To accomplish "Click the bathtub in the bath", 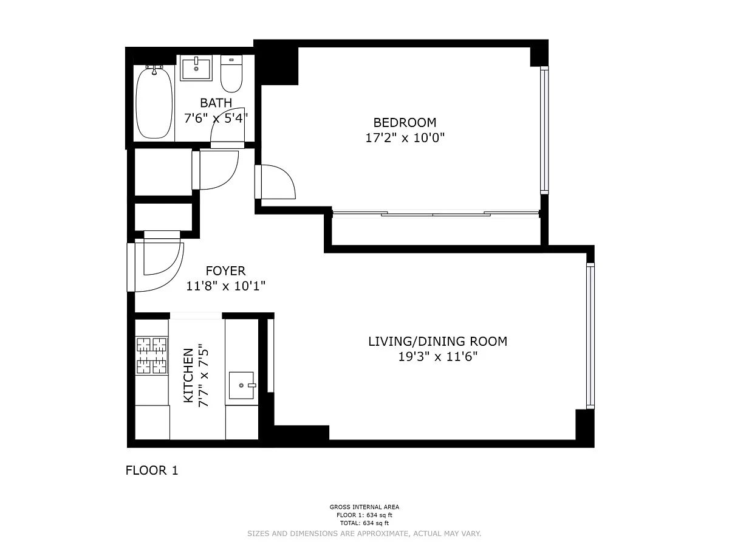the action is (x=154, y=102).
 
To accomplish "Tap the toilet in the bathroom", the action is (x=231, y=74).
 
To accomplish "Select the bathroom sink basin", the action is (x=196, y=68).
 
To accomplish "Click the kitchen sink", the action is (x=241, y=385).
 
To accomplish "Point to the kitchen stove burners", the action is (x=152, y=356).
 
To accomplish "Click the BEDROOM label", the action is (x=405, y=123).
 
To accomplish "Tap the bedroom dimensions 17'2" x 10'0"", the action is (x=405, y=137).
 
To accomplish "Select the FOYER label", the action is (x=225, y=270).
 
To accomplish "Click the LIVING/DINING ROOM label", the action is (x=438, y=342).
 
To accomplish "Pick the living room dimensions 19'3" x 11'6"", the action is (x=438, y=357).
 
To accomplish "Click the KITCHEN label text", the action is (x=188, y=376).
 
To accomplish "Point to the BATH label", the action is (x=216, y=103).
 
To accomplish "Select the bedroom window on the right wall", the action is (x=544, y=130).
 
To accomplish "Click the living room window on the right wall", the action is (x=590, y=335).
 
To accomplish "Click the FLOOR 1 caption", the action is (x=152, y=470).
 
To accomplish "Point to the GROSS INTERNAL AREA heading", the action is (x=364, y=507).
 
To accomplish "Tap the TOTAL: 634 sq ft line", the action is (x=364, y=523).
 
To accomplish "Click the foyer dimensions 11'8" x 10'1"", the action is (x=225, y=286).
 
